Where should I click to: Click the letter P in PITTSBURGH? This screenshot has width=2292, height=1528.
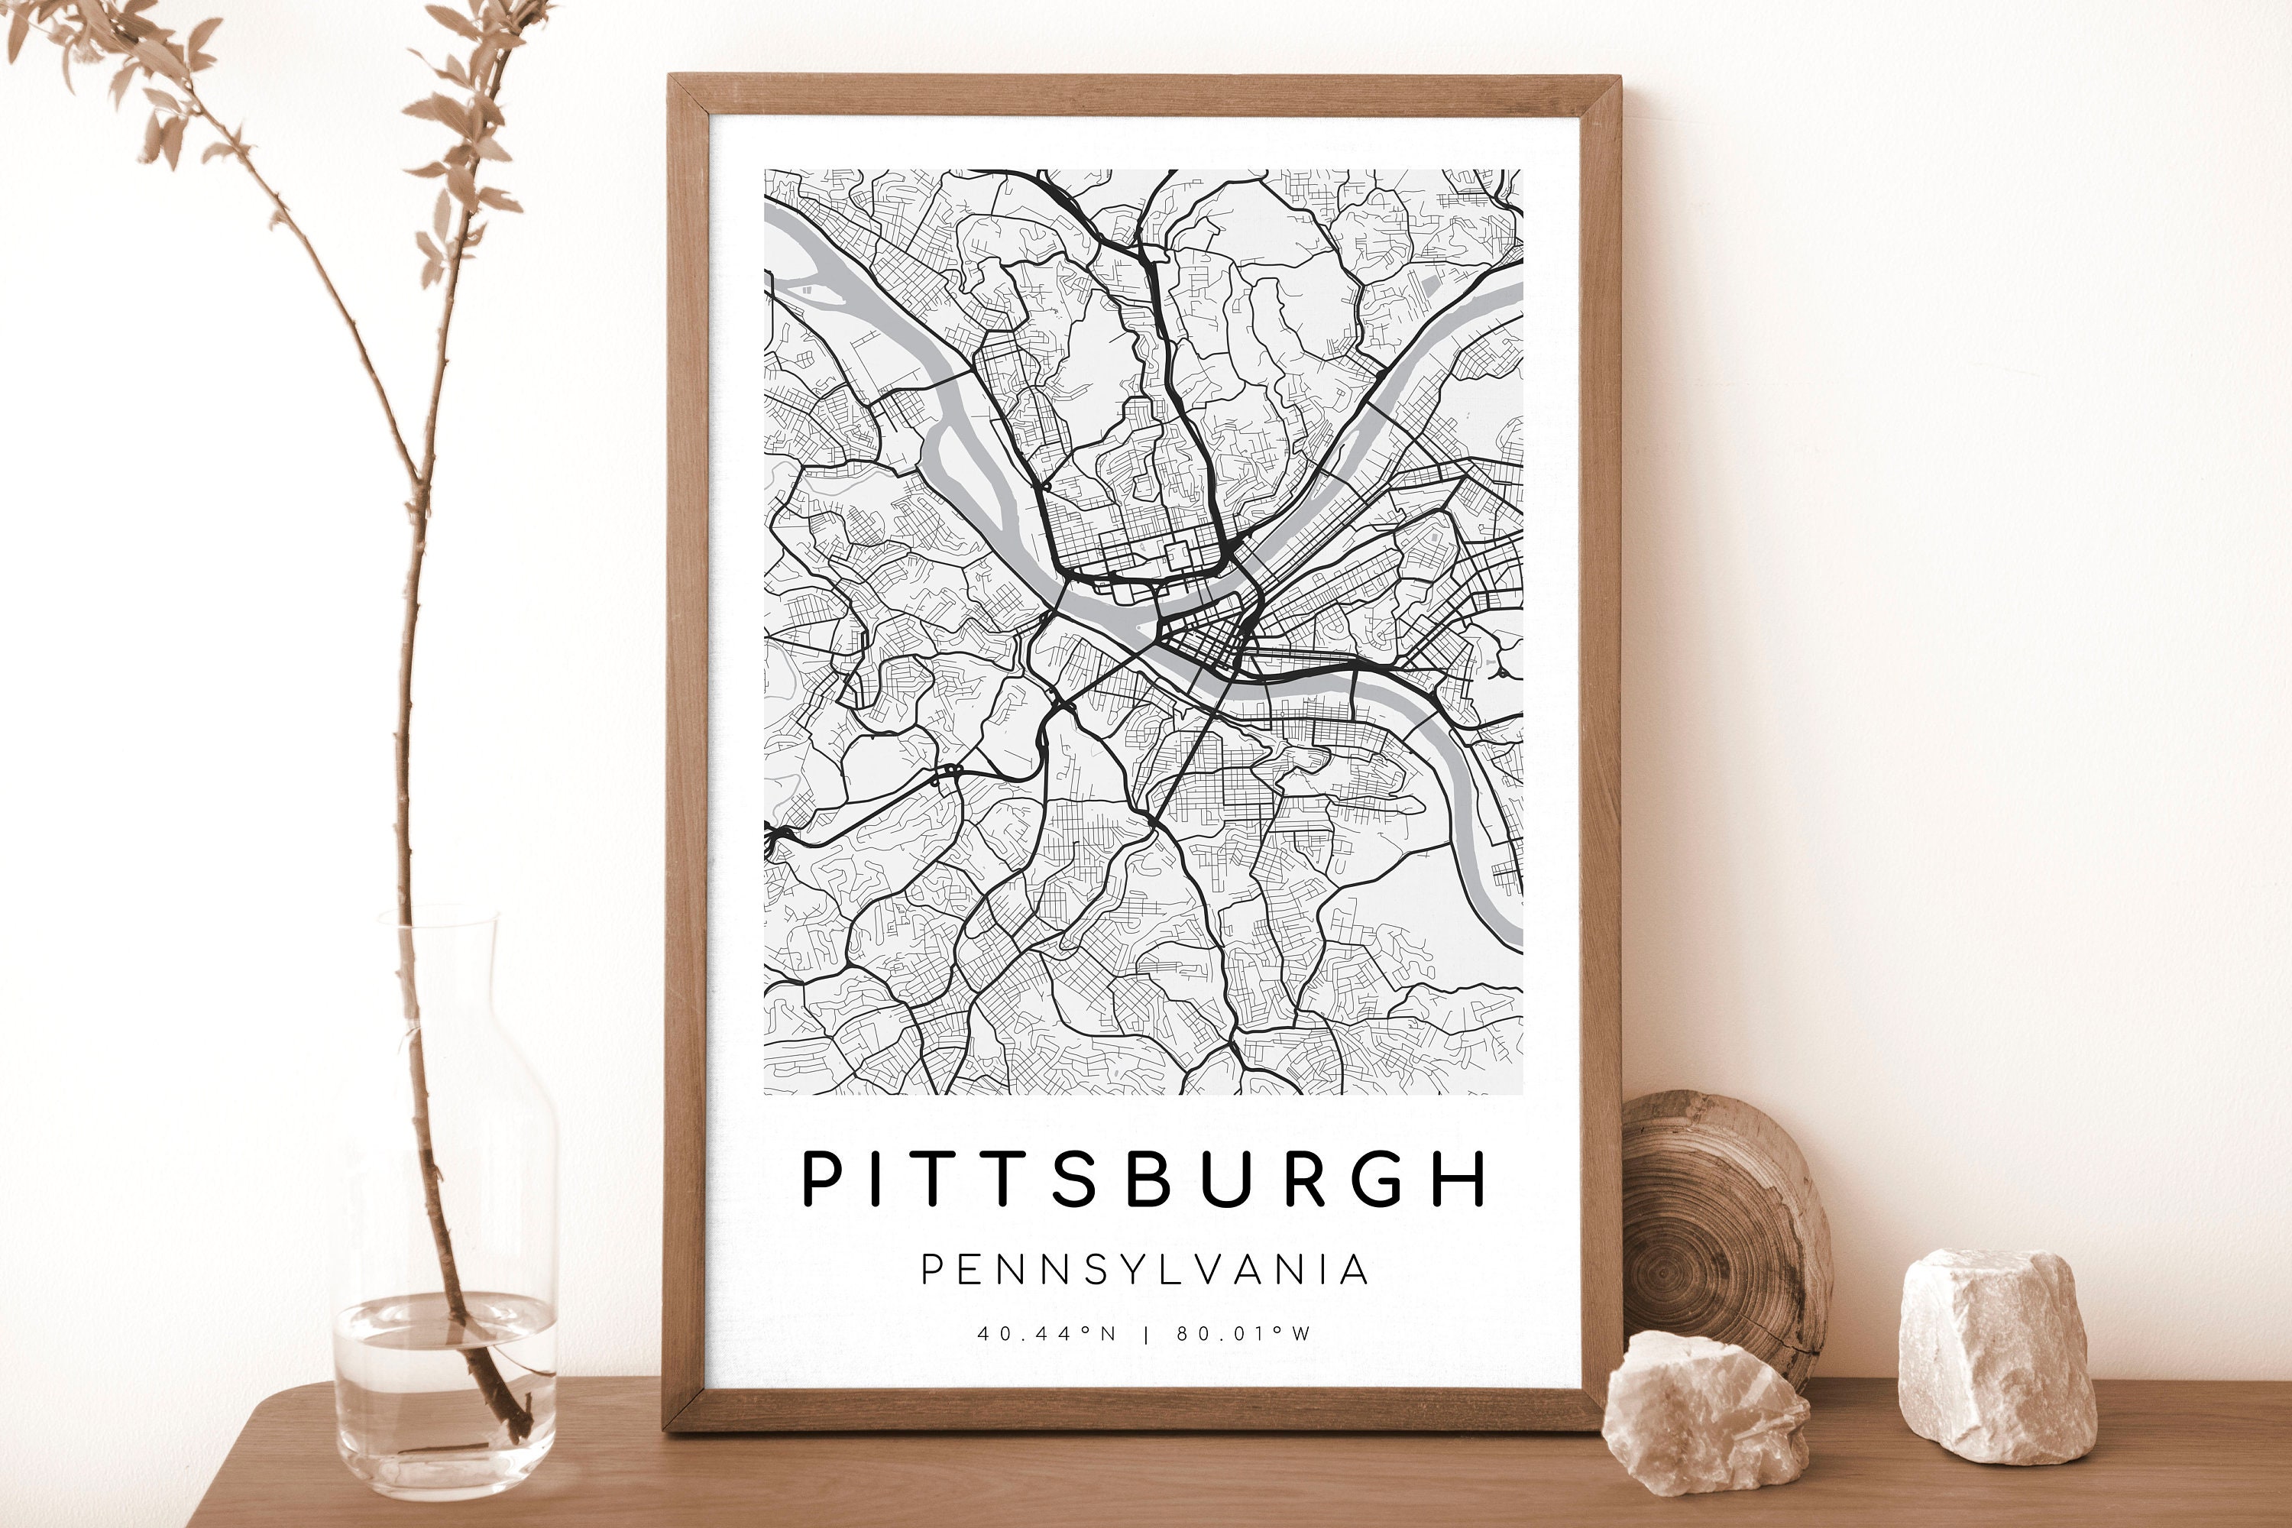(x=821, y=1179)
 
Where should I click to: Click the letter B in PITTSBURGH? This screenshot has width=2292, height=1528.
(x=1149, y=1179)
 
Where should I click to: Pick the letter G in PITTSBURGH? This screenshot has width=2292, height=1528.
(x=1378, y=1179)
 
